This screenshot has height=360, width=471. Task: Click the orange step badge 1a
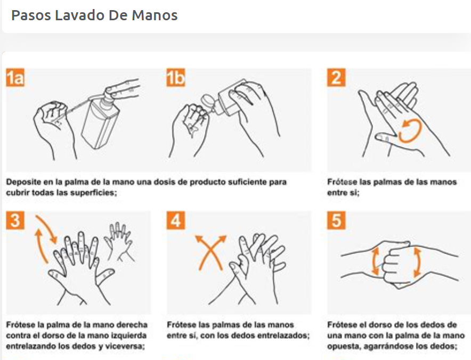pos(15,77)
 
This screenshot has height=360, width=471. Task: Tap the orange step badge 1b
pos(176,77)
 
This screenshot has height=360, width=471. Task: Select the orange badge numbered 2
pos(336,77)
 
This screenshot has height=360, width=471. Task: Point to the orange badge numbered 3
pos(15,220)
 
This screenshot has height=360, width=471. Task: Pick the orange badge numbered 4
pos(176,220)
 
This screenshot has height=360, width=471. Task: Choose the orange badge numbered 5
pos(336,220)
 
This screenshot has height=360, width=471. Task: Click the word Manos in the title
pos(155,15)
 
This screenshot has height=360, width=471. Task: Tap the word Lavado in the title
pos(80,15)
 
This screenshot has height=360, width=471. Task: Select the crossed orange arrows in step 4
pos(210,252)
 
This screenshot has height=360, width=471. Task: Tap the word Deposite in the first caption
pos(23,182)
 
